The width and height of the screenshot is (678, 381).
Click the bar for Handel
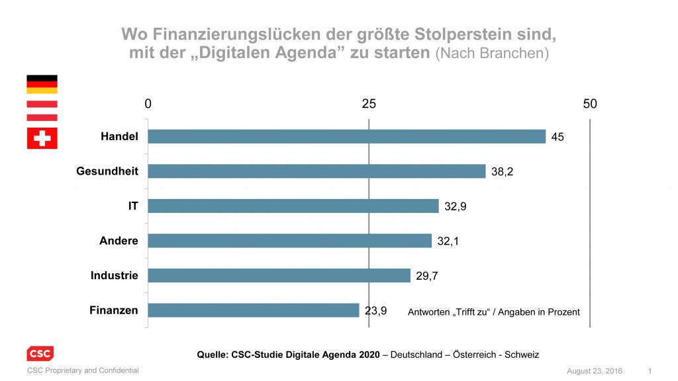click(346, 136)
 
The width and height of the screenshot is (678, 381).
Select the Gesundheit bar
click(316, 171)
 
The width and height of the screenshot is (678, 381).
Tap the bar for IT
click(293, 206)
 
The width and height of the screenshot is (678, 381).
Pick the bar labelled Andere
click(289, 241)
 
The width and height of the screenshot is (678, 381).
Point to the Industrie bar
click(279, 275)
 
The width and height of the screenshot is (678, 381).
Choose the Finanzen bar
click(253, 310)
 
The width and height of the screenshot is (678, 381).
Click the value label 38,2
click(503, 171)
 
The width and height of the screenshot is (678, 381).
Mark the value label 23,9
click(375, 310)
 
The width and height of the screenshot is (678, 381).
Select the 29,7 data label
click(427, 276)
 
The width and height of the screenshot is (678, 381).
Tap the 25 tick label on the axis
click(369, 104)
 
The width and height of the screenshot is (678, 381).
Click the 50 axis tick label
click(589, 104)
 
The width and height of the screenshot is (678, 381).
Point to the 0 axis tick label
click(148, 104)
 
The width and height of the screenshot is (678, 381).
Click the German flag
click(42, 84)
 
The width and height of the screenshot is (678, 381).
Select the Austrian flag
click(42, 110)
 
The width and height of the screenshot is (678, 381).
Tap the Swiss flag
click(42, 138)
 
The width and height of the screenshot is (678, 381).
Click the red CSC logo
click(40, 354)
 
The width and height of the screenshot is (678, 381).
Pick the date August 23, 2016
click(595, 370)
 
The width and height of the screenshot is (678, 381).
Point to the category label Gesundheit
click(107, 171)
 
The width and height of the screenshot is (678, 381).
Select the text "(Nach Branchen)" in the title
click(492, 54)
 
